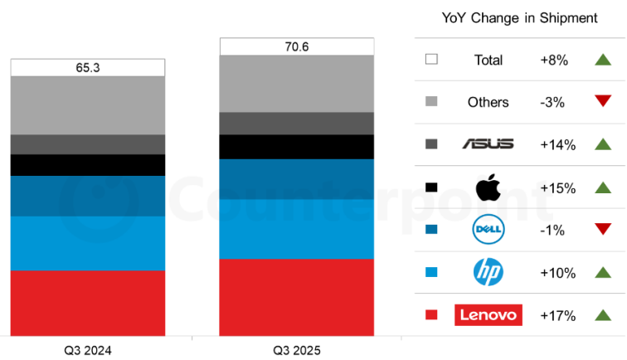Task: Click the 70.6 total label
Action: [297, 46]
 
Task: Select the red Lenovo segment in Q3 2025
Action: [297, 297]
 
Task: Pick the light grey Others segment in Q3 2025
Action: [297, 84]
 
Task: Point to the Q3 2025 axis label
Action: [297, 350]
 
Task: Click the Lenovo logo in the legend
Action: [488, 314]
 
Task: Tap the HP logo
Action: [488, 272]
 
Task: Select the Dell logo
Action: [488, 229]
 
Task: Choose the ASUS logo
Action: [488, 144]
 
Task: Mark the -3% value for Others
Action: [552, 102]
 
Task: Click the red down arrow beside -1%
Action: [602, 229]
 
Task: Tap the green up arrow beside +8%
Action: [602, 59]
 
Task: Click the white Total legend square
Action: [431, 60]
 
